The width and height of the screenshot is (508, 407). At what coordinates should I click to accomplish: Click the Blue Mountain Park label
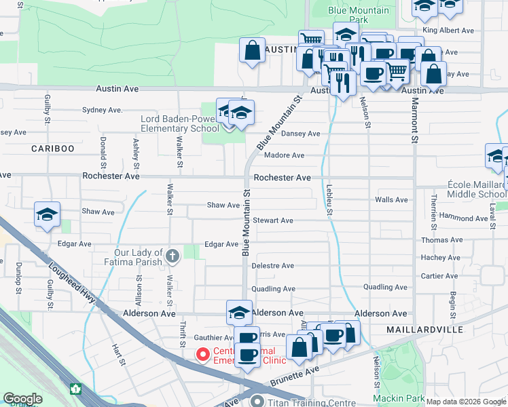coord(359,15)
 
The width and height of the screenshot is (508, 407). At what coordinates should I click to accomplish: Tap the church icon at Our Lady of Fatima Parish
coord(173,256)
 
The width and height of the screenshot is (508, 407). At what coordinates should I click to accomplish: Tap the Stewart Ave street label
coord(272,220)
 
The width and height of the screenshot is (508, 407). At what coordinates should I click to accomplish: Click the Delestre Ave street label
coord(272,266)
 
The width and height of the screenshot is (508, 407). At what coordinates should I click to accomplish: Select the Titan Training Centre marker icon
coord(257,402)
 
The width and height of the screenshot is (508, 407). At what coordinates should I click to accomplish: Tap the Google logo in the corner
coord(22,399)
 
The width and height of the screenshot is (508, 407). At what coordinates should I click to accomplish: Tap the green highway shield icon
coord(75,389)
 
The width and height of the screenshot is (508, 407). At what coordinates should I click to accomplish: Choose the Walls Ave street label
coord(391,199)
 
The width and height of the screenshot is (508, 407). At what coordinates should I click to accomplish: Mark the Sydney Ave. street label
coord(102,110)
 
